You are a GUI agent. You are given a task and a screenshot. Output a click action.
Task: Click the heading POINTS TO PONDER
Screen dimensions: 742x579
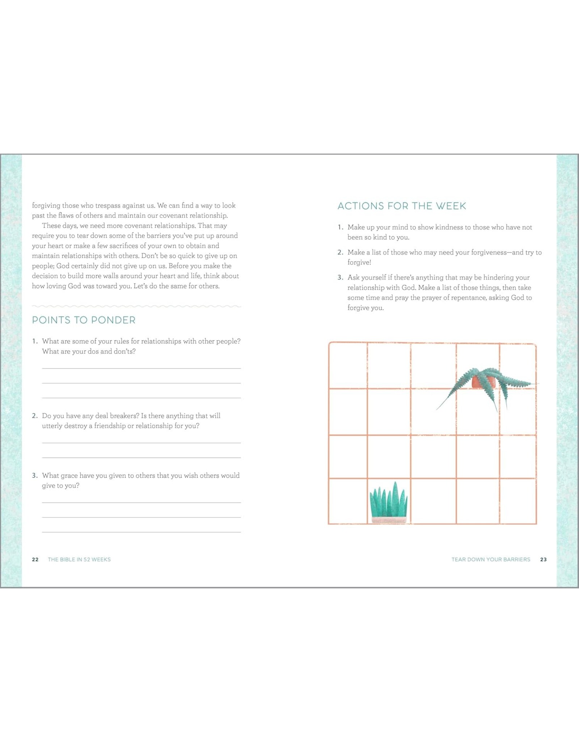pyautogui.click(x=84, y=320)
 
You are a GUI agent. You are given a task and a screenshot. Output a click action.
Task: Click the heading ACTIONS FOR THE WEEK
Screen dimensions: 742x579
pyautogui.click(x=402, y=206)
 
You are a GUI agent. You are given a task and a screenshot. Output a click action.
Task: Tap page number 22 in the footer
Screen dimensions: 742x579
pyautogui.click(x=35, y=559)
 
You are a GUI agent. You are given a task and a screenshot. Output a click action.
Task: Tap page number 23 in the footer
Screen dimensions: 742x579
pyautogui.click(x=543, y=559)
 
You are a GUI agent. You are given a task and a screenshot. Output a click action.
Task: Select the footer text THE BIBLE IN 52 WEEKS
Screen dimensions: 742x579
pyautogui.click(x=79, y=559)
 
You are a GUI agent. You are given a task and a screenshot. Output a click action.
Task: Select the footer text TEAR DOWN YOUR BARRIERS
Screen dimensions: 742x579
pyautogui.click(x=491, y=559)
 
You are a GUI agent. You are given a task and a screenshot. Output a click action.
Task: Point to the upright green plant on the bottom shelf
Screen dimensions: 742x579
pyautogui.click(x=388, y=501)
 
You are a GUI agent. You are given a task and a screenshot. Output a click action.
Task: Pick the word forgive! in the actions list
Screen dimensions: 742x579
pyautogui.click(x=359, y=262)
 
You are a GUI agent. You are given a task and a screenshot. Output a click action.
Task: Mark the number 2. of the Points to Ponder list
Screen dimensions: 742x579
pyautogui.click(x=35, y=416)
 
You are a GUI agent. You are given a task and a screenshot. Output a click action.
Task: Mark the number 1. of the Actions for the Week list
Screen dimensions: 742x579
pyautogui.click(x=340, y=228)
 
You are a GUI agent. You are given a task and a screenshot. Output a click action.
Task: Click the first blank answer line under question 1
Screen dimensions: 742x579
pyautogui.click(x=141, y=368)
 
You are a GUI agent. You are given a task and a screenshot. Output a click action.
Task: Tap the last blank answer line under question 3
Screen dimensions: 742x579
pyautogui.click(x=141, y=532)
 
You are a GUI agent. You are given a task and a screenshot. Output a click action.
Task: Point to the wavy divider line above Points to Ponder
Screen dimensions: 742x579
pyautogui.click(x=136, y=306)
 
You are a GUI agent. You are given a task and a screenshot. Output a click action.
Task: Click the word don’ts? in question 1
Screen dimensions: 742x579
pyautogui.click(x=124, y=351)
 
